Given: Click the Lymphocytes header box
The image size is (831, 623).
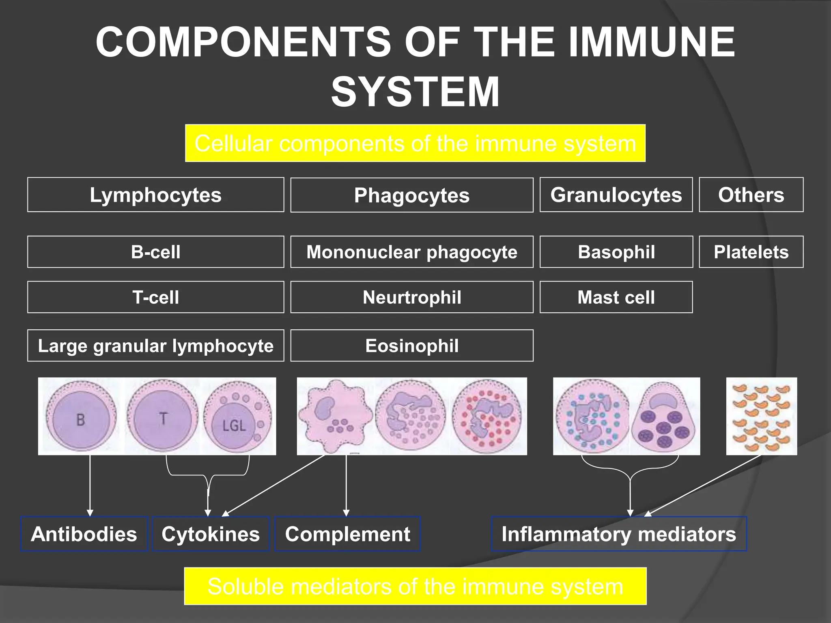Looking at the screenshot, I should [155, 195].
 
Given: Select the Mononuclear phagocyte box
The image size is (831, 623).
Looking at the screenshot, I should [411, 252].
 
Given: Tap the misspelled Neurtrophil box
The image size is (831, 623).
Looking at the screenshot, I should [411, 297].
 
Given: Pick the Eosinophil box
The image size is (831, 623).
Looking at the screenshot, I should [411, 346].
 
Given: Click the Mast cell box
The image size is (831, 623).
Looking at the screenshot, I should [616, 297].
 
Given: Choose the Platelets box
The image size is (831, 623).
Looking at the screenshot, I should [751, 252].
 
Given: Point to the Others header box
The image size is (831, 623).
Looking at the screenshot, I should [751, 195].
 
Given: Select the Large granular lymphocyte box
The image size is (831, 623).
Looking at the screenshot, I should [155, 346].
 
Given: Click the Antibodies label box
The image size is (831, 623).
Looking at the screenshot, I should [84, 534].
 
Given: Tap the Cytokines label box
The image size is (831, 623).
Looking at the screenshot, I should [211, 534].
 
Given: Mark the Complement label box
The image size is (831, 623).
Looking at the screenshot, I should [347, 534].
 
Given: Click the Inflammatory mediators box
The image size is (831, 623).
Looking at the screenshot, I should [618, 534].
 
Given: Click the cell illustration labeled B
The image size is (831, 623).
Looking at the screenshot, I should [81, 417].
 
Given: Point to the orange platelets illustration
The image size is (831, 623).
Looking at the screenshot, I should [761, 417].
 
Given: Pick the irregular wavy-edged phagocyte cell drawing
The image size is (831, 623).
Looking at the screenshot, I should [335, 417].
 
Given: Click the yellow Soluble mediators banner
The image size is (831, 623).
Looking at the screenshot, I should [415, 586].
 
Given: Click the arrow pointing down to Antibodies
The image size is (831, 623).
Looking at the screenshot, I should [90, 487].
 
